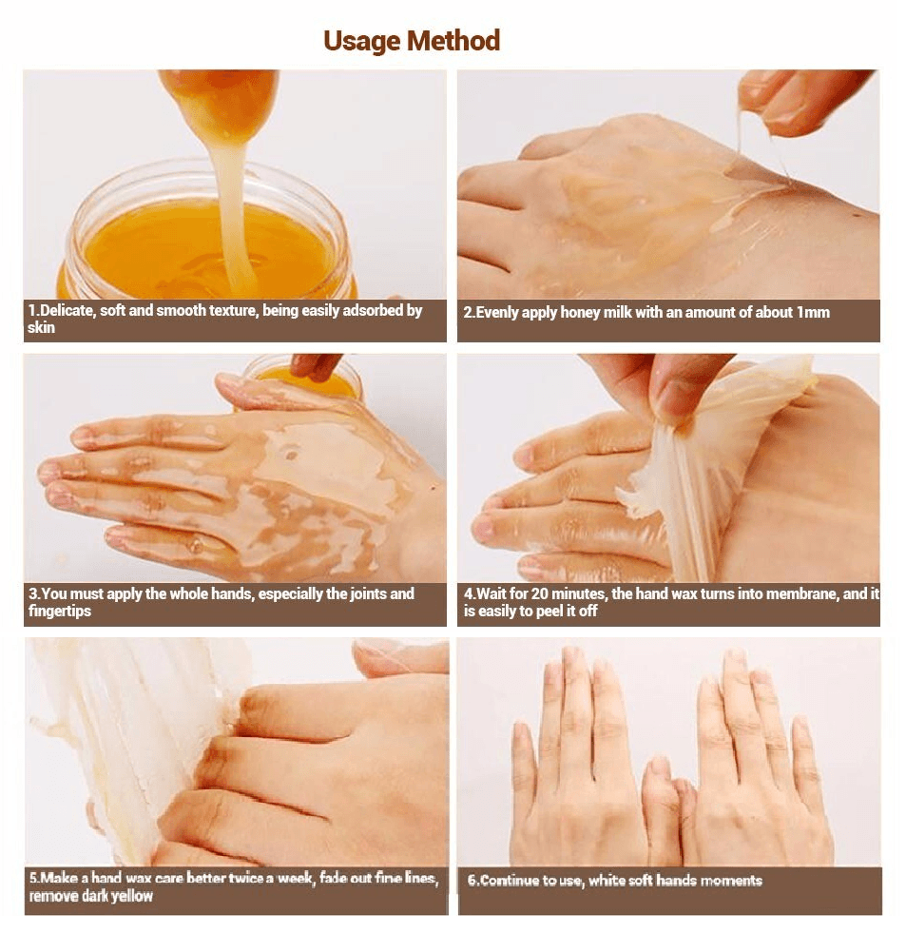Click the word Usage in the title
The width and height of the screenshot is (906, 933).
(361, 42)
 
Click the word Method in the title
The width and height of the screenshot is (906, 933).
(453, 41)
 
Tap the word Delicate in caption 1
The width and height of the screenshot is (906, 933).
(66, 311)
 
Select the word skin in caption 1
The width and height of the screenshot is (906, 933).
(41, 328)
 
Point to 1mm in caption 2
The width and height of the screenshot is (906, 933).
(813, 312)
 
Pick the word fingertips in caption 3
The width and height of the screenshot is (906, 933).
(60, 612)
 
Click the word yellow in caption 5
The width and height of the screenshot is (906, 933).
(132, 896)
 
